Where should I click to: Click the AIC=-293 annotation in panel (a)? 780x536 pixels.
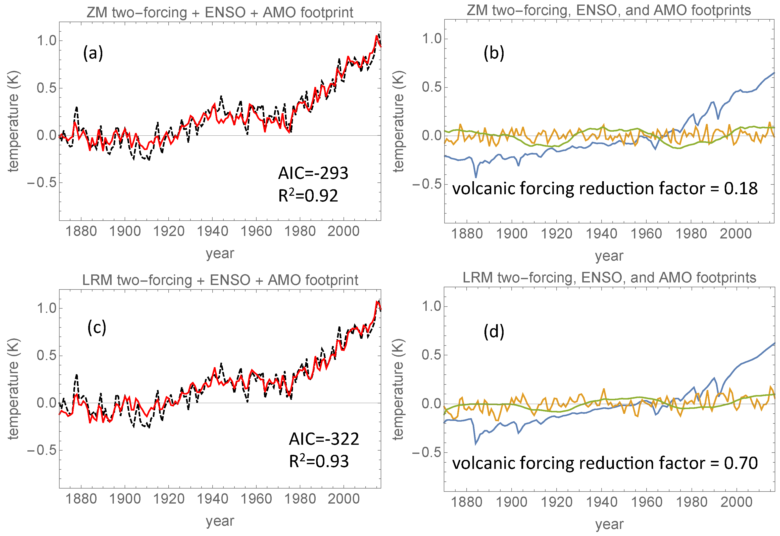click(x=313, y=173)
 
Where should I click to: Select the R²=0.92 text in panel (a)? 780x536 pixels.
click(x=308, y=196)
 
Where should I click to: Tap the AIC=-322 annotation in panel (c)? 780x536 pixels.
click(x=324, y=439)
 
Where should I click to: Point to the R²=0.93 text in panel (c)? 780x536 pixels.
click(x=319, y=461)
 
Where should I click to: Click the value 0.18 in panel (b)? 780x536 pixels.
click(x=740, y=189)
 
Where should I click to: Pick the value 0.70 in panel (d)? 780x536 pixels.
click(x=740, y=463)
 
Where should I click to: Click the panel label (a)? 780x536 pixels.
click(x=93, y=53)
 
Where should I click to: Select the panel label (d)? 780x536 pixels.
click(x=494, y=331)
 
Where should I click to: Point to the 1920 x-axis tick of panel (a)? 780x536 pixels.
click(x=169, y=231)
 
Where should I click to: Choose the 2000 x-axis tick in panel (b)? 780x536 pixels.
click(x=735, y=234)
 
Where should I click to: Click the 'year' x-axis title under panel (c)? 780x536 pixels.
click(x=220, y=521)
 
